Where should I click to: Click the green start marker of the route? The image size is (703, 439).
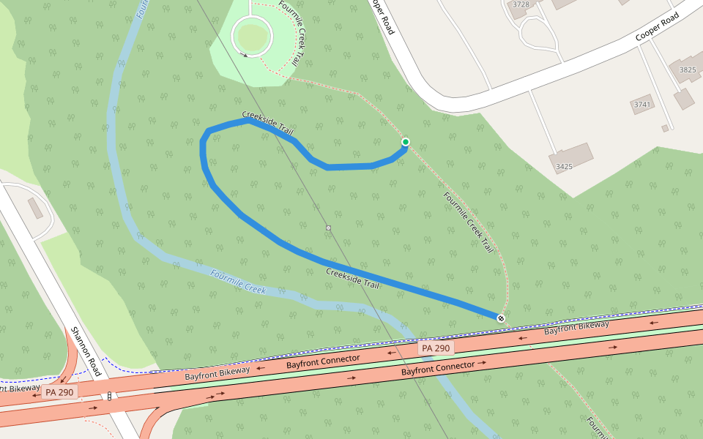click(406, 142)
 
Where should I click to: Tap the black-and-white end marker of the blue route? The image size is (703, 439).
click(501, 318)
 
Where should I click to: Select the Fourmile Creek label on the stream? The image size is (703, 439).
click(238, 281)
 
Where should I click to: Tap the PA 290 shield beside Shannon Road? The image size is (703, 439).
click(59, 392)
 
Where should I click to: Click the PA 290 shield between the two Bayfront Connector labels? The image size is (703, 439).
click(436, 348)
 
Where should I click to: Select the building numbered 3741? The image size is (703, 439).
click(642, 105)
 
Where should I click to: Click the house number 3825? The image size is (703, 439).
click(688, 70)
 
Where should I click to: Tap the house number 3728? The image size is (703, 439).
click(521, 4)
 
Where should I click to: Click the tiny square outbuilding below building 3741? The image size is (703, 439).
click(665, 128)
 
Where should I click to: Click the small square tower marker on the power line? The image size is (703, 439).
click(329, 228)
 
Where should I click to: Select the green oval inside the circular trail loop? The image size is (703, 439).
click(251, 34)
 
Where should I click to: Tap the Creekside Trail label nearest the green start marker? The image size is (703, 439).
click(268, 124)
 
